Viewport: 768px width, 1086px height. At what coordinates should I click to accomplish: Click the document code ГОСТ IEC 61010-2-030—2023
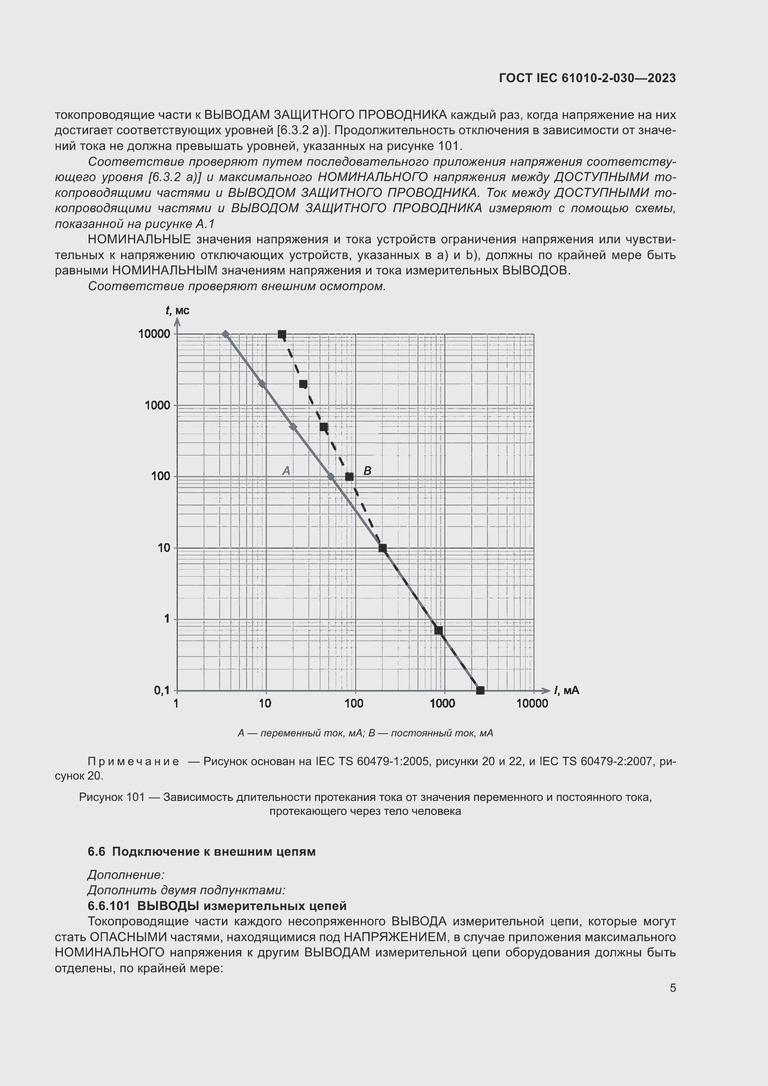(587, 78)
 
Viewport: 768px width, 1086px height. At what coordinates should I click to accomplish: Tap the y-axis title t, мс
(177, 310)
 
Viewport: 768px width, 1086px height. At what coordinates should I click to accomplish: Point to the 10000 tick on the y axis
(154, 334)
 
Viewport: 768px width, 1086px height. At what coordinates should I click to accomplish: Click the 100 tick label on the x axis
(354, 704)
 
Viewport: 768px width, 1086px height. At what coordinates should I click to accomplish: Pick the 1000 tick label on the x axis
(443, 704)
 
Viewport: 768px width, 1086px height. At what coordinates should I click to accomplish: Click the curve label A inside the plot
(286, 471)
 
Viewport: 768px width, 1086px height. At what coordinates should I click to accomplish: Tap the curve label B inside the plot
(367, 471)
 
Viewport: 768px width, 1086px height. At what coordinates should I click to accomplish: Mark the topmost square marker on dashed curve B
(282, 334)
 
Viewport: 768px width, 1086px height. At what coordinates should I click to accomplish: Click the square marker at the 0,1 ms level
(480, 690)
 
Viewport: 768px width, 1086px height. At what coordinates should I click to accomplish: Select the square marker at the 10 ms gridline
(383, 548)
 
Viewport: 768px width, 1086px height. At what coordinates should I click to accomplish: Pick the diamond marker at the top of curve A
(226, 334)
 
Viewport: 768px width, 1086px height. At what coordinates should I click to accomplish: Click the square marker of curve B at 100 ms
(350, 476)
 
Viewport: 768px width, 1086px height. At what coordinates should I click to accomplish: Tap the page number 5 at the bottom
(673, 988)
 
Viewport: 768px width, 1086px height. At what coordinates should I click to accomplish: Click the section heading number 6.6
(96, 852)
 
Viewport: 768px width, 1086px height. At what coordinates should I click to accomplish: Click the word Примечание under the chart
(133, 761)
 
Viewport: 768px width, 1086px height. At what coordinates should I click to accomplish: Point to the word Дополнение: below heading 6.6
(126, 875)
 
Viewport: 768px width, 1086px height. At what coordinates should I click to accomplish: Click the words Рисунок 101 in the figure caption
(111, 798)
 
